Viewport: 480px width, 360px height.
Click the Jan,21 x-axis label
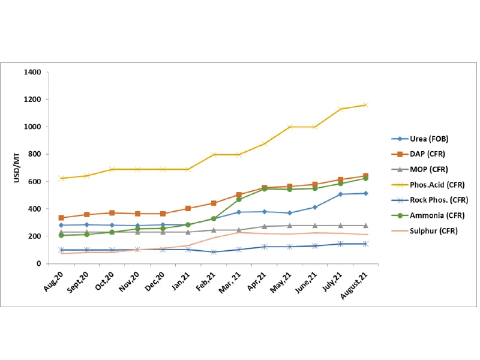point(181,279)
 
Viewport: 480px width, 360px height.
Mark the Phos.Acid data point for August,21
point(365,105)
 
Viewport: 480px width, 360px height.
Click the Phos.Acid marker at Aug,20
point(61,178)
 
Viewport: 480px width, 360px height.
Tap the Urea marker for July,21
point(340,194)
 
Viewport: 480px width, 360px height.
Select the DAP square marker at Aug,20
point(61,218)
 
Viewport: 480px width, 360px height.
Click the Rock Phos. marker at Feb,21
point(214,252)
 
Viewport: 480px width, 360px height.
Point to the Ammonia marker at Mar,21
point(239,199)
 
